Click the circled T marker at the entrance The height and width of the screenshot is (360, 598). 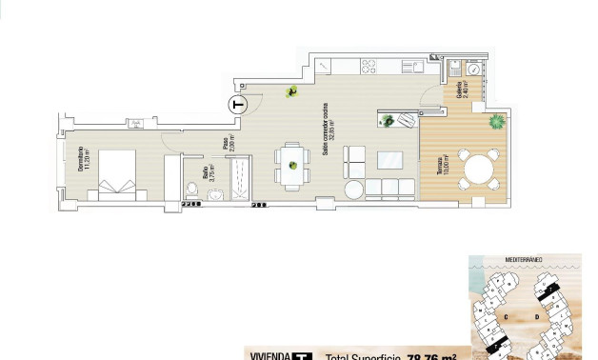click(238, 104)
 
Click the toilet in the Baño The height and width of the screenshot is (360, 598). click(192, 187)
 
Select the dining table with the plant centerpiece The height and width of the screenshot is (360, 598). click(293, 165)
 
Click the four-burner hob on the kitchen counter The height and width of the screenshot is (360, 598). click(368, 66)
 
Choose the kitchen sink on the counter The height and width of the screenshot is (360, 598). click(412, 66)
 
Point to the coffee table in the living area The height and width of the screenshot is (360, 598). click(389, 159)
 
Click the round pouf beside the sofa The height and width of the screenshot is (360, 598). click(354, 189)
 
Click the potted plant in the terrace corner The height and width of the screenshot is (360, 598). click(496, 122)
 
